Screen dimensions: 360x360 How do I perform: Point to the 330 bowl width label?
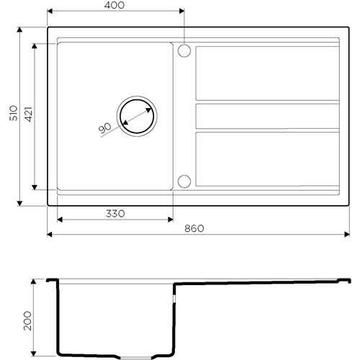pos(115,213)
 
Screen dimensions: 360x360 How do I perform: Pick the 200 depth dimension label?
pos(27,318)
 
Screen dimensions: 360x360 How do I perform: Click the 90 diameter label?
pos(104,127)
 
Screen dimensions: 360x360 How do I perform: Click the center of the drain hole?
pos(136,115)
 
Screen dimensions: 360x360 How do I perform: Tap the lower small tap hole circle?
pos(184,181)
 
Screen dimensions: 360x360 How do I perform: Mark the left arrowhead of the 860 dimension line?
pos(50,234)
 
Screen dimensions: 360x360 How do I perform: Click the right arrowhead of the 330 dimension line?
pos(171,219)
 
